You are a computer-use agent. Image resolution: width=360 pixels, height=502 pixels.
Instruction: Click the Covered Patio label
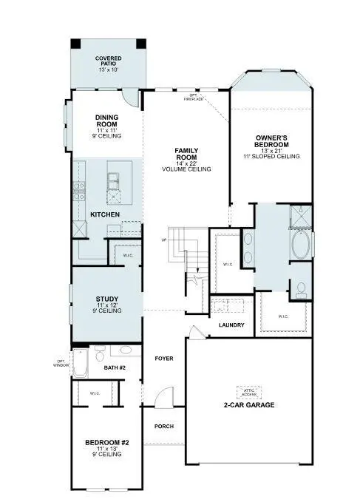[x=108, y=63]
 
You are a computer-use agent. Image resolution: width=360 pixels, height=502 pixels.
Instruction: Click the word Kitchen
[x=105, y=214]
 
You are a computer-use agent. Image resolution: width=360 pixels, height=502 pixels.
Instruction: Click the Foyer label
[x=163, y=358]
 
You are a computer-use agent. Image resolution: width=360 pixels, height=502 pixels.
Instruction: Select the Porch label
[x=163, y=427]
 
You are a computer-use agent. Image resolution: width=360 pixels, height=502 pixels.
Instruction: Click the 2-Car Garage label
[x=249, y=405]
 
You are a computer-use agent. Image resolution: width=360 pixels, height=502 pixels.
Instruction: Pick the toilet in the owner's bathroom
[x=301, y=290]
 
